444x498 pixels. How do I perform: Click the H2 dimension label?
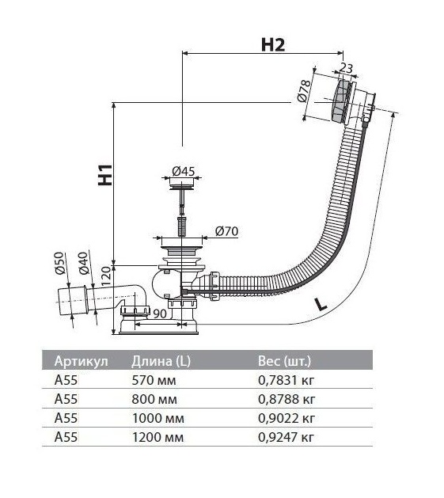(273, 45)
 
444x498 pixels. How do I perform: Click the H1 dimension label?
(105, 175)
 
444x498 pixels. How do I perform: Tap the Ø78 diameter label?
(304, 91)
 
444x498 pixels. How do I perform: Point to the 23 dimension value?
(346, 68)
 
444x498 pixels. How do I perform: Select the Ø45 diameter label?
(184, 172)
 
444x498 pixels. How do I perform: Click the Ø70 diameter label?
(226, 231)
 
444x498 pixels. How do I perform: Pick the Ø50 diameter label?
(59, 263)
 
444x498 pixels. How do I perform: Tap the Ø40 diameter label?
(83, 263)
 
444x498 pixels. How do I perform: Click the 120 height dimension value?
(106, 276)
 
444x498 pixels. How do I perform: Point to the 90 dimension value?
(160, 314)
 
